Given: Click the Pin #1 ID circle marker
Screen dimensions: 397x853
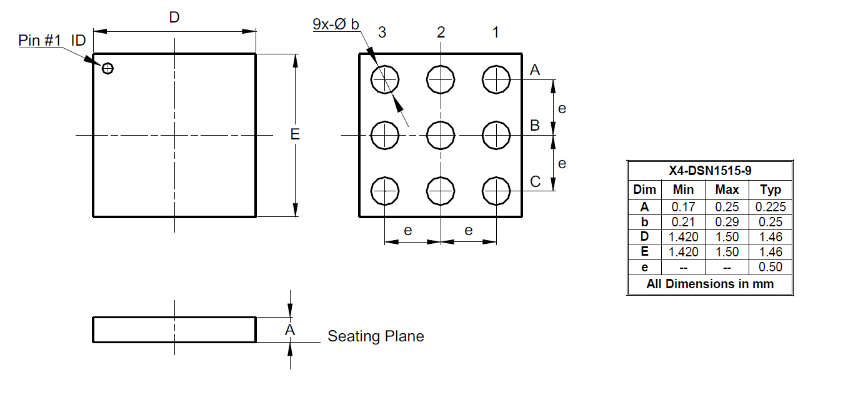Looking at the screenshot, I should [x=108, y=68].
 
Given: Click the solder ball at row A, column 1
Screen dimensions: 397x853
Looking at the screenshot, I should [x=497, y=79].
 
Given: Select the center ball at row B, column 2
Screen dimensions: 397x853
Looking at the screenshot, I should [x=441, y=135].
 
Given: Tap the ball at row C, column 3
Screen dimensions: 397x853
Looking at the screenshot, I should [x=385, y=190].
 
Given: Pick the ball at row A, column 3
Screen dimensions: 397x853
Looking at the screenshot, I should [x=385, y=79].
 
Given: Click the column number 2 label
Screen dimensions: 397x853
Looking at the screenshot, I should [x=441, y=33].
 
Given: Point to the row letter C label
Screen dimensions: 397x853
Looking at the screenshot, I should [x=535, y=182].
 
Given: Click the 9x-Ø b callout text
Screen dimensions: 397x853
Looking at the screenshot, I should [x=336, y=24].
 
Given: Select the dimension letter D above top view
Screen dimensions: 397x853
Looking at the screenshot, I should [x=174, y=18].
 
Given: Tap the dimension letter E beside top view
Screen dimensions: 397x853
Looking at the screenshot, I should [x=295, y=134].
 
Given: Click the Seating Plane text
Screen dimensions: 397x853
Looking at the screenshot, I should [x=376, y=336].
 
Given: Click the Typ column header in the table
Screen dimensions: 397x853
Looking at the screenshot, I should [x=771, y=190].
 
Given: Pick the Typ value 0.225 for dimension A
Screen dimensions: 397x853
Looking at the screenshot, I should [x=771, y=207].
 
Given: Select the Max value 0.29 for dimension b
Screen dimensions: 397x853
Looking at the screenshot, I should [x=727, y=222].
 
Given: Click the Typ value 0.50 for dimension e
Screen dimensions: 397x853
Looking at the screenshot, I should [x=771, y=267].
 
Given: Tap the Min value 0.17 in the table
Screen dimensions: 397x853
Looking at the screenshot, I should [x=683, y=207].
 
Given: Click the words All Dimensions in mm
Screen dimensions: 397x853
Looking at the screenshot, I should [x=709, y=284].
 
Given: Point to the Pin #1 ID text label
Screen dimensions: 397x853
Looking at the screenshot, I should [x=52, y=41].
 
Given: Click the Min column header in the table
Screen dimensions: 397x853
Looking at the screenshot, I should [x=683, y=190].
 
